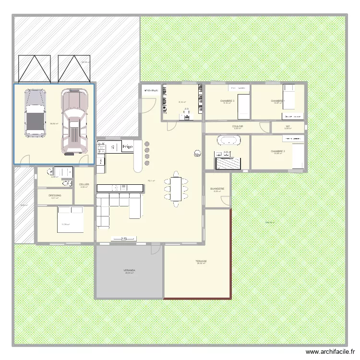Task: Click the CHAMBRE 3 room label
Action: (x=227, y=101)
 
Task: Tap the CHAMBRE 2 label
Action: (x=277, y=151)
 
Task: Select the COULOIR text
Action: (x=238, y=126)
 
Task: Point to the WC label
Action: (x=288, y=127)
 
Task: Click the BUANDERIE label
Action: (x=217, y=189)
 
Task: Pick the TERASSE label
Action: (x=201, y=261)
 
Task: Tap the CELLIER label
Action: (x=84, y=184)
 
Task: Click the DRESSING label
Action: (x=55, y=195)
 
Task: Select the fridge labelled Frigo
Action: (x=127, y=146)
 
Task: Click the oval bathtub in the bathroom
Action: (x=228, y=141)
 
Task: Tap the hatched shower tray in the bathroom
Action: (x=229, y=163)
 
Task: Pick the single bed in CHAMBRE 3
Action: (x=244, y=105)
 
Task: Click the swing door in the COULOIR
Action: (x=264, y=126)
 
